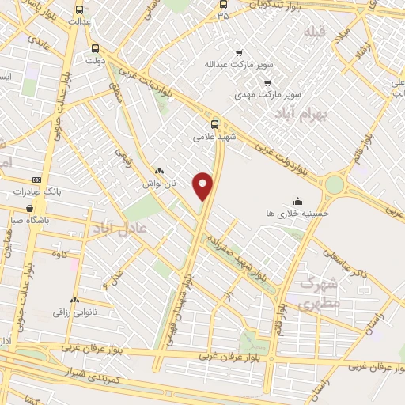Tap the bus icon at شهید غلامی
point(215,124)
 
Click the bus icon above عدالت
point(78,10)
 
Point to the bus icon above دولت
point(96,47)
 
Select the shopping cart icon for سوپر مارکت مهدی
point(267,81)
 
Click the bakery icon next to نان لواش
point(159,171)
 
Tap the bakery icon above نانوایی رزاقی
point(74,301)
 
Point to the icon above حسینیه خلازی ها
point(297,200)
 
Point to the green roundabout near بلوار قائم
point(335,184)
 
